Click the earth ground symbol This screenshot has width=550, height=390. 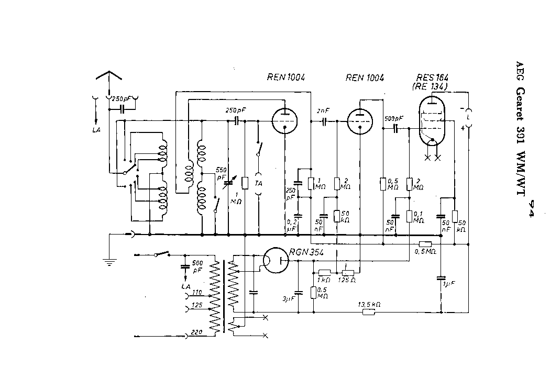pyautogui.click(x=108, y=262)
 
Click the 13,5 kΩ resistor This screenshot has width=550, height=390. pyautogui.click(x=369, y=313)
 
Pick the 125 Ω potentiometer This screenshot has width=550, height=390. pyautogui.click(x=348, y=273)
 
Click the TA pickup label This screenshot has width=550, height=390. pyautogui.click(x=258, y=183)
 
